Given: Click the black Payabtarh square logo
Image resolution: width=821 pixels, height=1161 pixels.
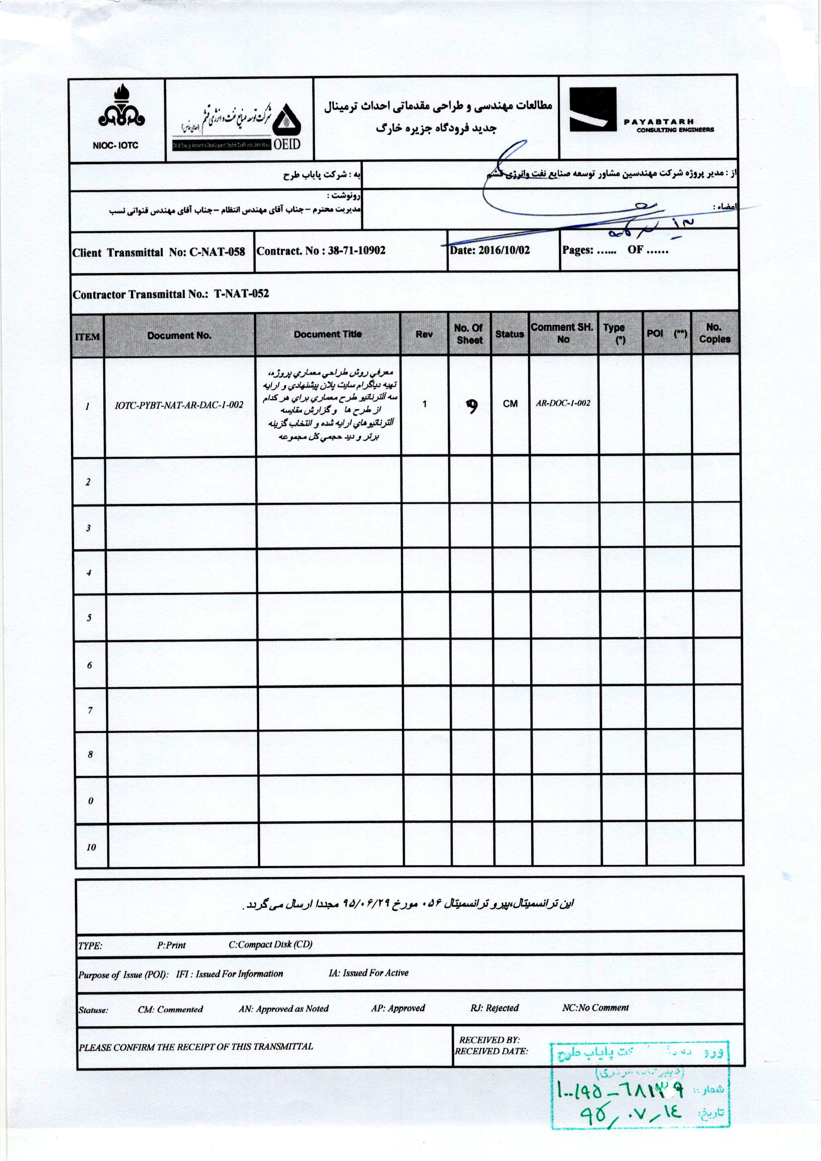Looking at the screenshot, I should point(593,110).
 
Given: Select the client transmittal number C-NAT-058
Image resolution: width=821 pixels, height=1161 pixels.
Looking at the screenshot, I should point(217,252).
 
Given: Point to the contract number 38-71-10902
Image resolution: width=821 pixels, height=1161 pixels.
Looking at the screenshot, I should point(356,250).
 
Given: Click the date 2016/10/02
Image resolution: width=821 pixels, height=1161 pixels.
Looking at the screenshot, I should point(503,250).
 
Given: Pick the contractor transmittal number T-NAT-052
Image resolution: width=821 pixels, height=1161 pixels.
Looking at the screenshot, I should point(241,294).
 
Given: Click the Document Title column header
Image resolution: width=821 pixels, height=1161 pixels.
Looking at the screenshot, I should point(328,334).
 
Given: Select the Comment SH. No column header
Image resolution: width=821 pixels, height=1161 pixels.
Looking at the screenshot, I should point(562,333).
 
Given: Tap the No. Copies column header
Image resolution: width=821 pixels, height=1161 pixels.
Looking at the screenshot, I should point(714,333).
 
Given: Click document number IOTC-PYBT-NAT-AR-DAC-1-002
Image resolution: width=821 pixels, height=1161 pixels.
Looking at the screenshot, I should point(179,405).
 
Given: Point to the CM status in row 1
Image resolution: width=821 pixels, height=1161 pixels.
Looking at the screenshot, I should point(510,404).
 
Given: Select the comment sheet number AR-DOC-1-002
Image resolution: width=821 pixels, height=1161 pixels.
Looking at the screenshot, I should point(563,403).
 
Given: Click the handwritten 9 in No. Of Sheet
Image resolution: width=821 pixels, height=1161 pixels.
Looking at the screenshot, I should point(472,406).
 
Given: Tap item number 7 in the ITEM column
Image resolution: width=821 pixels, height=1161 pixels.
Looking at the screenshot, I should point(90,711).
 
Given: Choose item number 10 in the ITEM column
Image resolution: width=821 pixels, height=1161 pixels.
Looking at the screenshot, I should point(91,847).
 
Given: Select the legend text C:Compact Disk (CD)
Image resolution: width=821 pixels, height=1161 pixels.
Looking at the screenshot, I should point(271,944).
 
